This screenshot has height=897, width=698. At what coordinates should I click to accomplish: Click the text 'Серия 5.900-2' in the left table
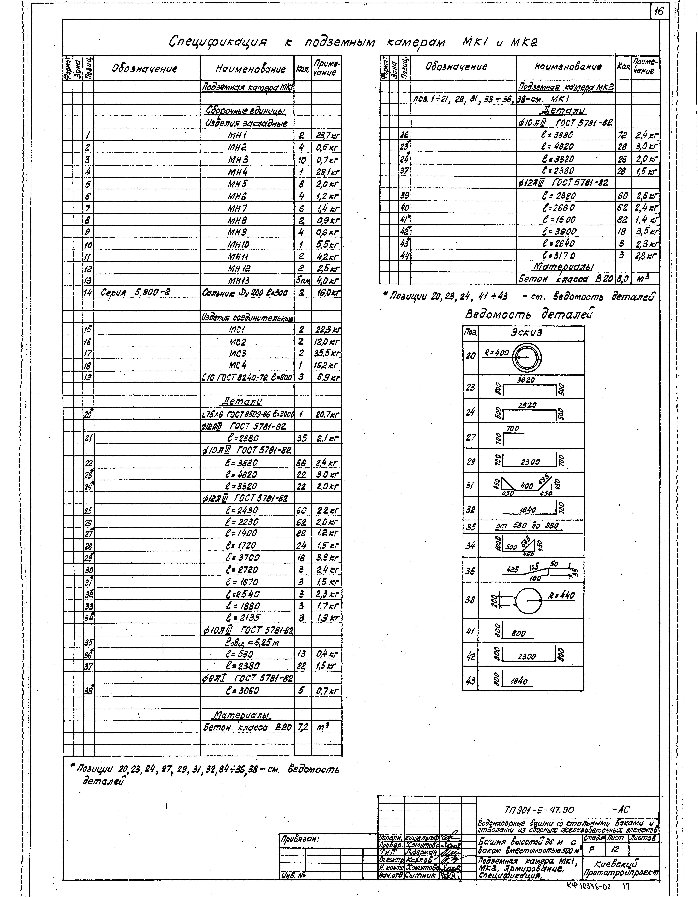(x=136, y=292)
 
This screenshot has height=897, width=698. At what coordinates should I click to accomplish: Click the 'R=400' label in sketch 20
(x=496, y=352)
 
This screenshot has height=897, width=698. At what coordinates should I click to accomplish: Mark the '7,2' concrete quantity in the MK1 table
(x=302, y=727)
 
